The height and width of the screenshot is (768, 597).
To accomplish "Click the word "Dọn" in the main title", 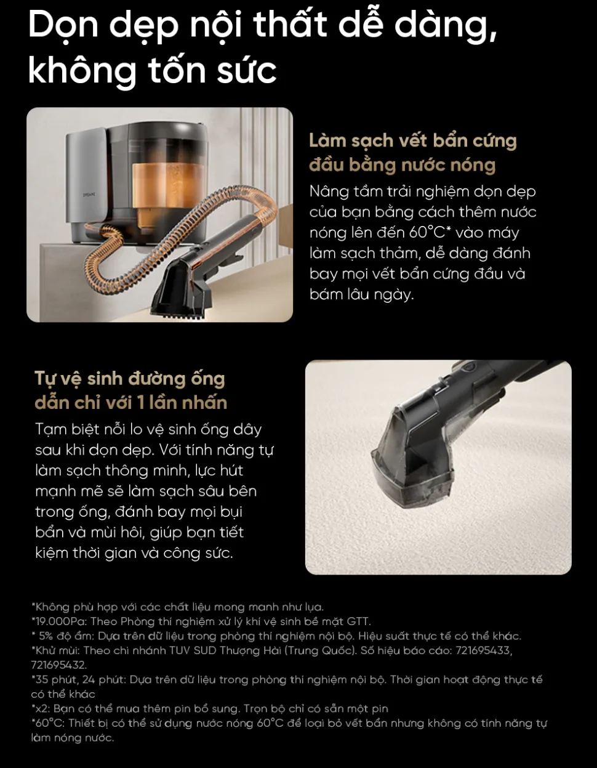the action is click(x=63, y=25).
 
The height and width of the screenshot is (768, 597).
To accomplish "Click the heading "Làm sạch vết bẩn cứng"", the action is click(x=413, y=141).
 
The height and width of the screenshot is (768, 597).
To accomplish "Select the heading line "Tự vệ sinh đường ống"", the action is click(x=130, y=379).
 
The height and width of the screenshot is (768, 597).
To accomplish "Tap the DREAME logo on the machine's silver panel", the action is click(x=89, y=195).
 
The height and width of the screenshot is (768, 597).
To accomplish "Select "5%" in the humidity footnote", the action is click(x=45, y=636).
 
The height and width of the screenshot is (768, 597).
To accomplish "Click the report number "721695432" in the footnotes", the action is click(x=58, y=665).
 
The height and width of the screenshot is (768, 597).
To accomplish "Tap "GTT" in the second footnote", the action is click(x=358, y=621).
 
